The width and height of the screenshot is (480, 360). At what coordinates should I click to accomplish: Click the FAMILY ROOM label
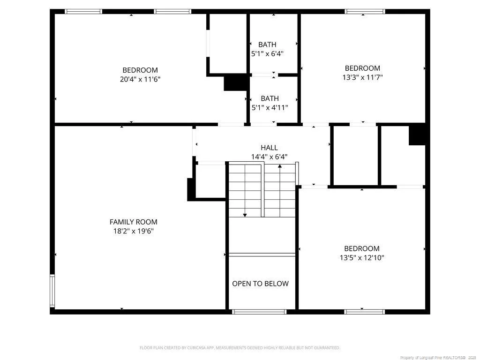134,222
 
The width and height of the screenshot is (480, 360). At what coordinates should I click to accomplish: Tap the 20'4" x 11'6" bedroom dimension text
140,79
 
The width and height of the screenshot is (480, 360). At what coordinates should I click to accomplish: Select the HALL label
270,148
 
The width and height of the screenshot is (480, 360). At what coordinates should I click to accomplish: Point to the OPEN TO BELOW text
260,284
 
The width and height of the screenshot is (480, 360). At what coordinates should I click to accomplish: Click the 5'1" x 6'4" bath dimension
267,54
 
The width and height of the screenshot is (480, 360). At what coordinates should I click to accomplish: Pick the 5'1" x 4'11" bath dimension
270,108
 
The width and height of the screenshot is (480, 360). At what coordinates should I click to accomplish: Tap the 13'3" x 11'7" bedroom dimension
362,77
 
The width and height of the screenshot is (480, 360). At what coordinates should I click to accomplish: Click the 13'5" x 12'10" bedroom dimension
362,258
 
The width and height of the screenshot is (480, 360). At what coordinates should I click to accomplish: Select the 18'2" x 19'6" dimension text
134,231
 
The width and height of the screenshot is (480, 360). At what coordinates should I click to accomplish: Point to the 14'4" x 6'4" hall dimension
270,157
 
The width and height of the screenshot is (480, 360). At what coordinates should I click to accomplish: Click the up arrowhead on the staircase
280,166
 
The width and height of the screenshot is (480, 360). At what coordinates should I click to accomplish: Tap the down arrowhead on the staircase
245,215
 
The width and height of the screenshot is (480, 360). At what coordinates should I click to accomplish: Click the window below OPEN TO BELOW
259,312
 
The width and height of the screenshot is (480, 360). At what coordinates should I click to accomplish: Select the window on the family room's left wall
52,291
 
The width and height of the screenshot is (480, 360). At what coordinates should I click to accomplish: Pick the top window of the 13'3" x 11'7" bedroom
365,12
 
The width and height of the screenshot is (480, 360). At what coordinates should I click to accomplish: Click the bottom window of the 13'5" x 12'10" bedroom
364,312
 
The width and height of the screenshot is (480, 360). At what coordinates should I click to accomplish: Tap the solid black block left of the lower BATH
235,82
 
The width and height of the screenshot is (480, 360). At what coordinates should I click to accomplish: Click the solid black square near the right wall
417,135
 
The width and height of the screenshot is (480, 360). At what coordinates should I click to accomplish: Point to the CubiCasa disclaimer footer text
240,348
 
